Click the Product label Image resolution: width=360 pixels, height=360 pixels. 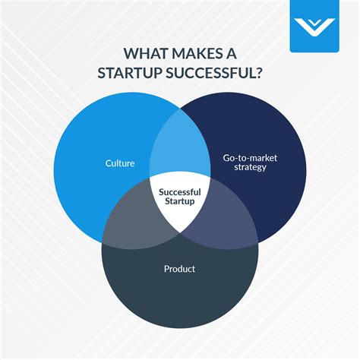(180, 268)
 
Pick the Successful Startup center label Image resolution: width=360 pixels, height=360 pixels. (180, 197)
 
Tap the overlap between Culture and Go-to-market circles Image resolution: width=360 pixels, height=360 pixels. (180, 148)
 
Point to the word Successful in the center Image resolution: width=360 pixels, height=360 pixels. (180, 191)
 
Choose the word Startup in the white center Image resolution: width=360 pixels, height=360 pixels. (180, 202)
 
